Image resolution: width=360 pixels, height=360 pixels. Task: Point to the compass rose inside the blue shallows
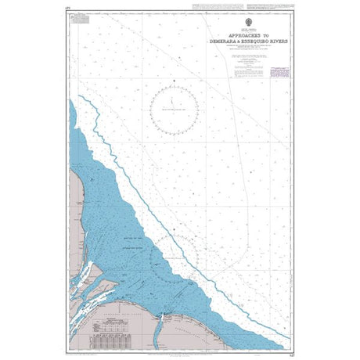coord(175,258)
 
